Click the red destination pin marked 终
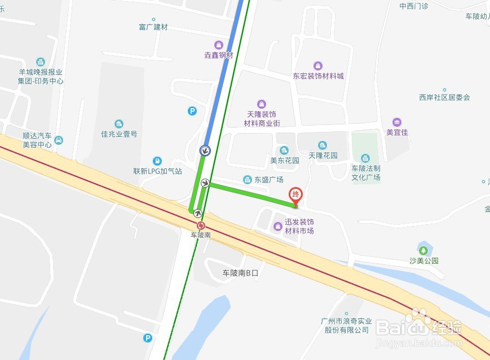click(295, 195)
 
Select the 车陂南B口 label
click(244, 273)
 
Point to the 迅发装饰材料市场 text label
click(299, 226)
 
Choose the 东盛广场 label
click(268, 180)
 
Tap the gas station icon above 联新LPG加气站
click(157, 161)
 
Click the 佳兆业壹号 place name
click(119, 134)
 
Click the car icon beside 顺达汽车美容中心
click(59, 140)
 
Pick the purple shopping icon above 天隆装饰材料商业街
click(261, 104)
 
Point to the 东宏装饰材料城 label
click(318, 76)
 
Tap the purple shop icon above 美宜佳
click(397, 122)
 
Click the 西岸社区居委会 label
click(444, 97)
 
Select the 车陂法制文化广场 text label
click(366, 173)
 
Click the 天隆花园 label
click(323, 155)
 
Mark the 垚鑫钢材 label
click(218, 55)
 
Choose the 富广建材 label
click(153, 27)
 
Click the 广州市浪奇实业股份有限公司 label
click(345, 326)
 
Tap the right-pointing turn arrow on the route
click(205, 183)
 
